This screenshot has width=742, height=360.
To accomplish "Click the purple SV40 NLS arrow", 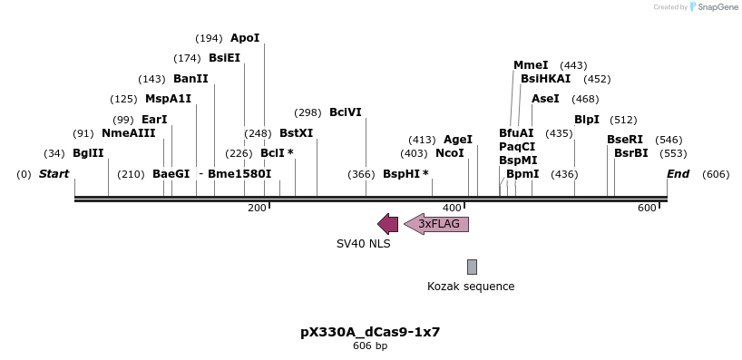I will point(387,224).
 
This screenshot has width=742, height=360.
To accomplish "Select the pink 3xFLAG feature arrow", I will point(437,224).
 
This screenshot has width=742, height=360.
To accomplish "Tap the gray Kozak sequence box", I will point(472,267).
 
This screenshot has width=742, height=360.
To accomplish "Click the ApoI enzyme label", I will point(245,38).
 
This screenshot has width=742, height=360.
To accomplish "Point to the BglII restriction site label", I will point(88,153).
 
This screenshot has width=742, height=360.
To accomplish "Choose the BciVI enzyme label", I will point(346,112).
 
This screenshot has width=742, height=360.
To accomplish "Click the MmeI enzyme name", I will point(531,65).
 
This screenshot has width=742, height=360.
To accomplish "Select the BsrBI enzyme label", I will point(631,153).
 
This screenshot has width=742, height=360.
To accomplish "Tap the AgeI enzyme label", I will point(458,140).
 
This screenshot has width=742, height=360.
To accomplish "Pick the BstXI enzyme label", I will point(297,133).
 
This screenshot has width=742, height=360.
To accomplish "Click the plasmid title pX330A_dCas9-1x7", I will point(370,332).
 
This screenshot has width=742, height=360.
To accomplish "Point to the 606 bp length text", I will point(370,345).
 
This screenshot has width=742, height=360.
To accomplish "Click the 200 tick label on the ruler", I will point(257,209).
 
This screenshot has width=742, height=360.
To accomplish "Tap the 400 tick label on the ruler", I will point(452,209).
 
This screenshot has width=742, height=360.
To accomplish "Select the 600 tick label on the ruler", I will point(647,209).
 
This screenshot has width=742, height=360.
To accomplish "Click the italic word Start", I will point(54,174).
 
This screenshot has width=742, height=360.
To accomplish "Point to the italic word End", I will point(679,174).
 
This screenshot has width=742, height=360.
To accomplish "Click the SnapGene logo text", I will point(716,7).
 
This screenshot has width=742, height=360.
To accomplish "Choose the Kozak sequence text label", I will point(471,287).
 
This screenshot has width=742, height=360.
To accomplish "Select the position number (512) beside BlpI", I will point(623,120).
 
